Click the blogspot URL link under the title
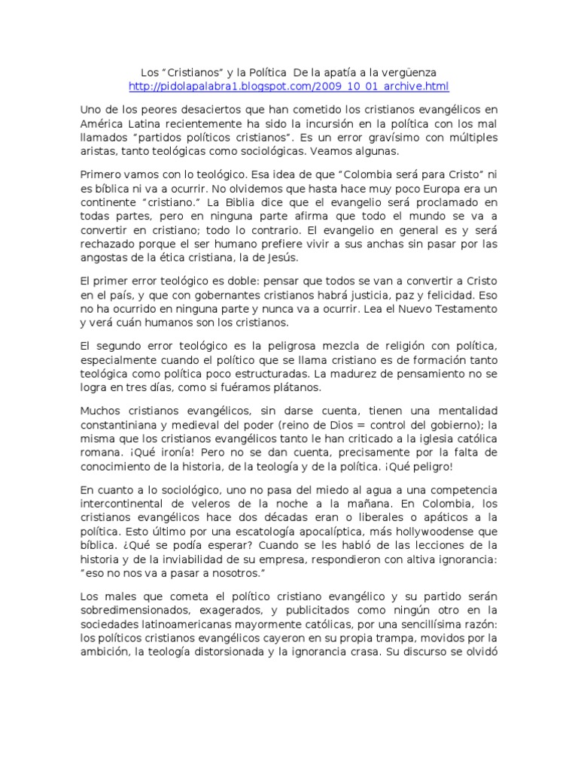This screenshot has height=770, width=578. pos(289,86)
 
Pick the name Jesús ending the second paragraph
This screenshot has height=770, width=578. pos(281,258)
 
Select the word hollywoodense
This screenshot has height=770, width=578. pos(410,532)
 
